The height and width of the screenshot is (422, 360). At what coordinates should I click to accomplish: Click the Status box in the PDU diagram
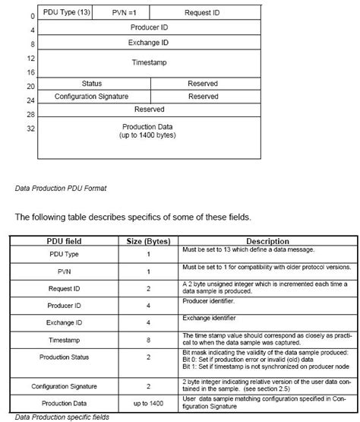[x=91, y=83]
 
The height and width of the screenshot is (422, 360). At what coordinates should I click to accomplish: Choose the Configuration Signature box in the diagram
[x=91, y=97]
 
